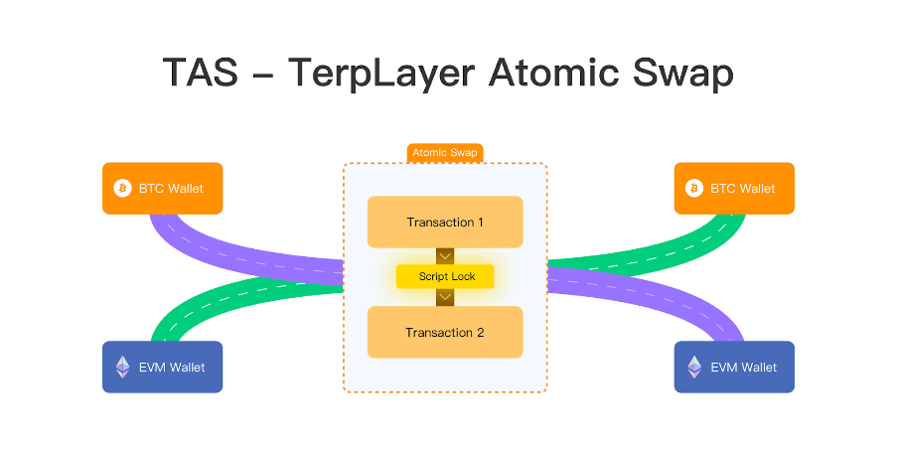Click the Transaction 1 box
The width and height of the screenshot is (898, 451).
tap(445, 222)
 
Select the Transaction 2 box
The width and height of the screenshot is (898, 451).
tap(445, 332)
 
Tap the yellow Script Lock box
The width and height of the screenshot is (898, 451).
tap(445, 276)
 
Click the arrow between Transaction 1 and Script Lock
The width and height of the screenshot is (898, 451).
tap(445, 255)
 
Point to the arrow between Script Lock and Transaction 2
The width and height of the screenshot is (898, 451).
tap(445, 297)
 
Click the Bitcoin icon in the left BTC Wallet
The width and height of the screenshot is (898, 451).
tap(122, 188)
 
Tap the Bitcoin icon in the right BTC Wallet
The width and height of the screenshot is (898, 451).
tap(694, 188)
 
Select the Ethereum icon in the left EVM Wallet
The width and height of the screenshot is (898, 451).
tap(122, 368)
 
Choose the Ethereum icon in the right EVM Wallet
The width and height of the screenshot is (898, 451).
tap(694, 368)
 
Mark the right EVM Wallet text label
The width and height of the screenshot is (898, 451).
tap(744, 368)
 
